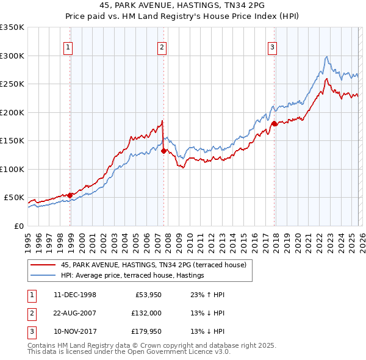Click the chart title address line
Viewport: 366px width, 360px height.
pos(182,5)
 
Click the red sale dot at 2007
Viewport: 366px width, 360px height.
pos(163,151)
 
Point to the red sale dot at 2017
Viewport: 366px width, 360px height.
pos(274,124)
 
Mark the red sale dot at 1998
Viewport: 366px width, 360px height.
pos(70,195)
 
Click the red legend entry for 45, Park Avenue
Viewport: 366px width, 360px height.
pos(153,265)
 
